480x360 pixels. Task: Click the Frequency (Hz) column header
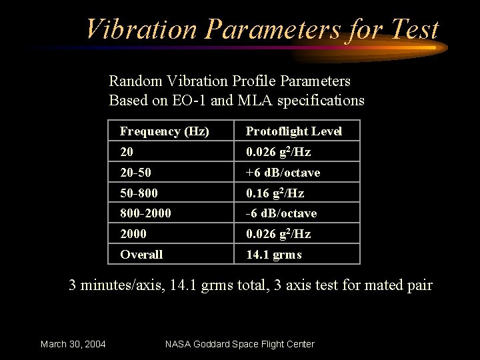[164, 131]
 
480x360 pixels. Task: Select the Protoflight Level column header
[294, 131]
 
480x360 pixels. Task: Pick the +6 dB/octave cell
[283, 173]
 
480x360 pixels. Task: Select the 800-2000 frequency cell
[145, 213]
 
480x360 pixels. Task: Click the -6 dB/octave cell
[281, 213]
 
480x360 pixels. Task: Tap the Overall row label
[141, 254]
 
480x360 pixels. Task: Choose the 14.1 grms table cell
[273, 254]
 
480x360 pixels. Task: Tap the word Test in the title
[413, 30]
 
